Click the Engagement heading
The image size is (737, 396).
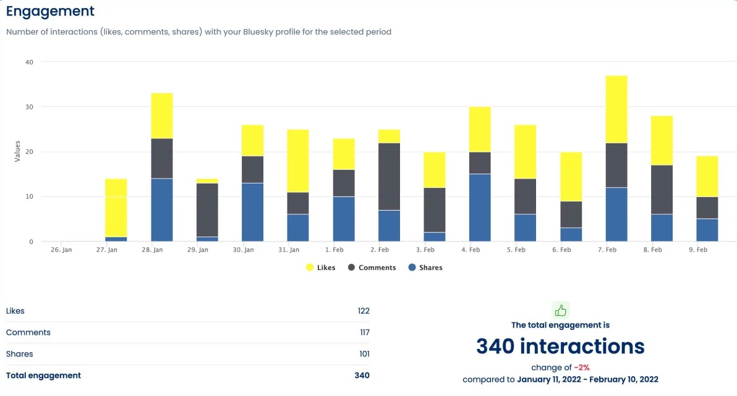coord(50,11)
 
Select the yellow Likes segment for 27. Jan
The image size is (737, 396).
coord(116,208)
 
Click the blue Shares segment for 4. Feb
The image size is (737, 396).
coord(480,208)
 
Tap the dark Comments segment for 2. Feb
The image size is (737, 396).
coord(389,177)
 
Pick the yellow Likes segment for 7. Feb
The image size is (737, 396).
coord(616,109)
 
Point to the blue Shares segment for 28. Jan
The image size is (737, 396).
coord(161,210)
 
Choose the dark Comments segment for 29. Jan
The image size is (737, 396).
coord(207,211)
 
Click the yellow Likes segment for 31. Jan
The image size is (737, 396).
coord(298,161)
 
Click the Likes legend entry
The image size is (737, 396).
coord(321,268)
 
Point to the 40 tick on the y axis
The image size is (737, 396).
coord(29,62)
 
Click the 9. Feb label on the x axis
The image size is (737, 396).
coord(698,250)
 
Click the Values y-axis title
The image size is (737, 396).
coord(17,151)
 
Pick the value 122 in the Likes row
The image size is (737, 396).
coord(363,311)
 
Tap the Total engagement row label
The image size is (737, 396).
coord(43,376)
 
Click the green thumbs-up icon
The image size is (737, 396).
coord(561,310)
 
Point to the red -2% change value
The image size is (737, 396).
coord(582,368)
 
